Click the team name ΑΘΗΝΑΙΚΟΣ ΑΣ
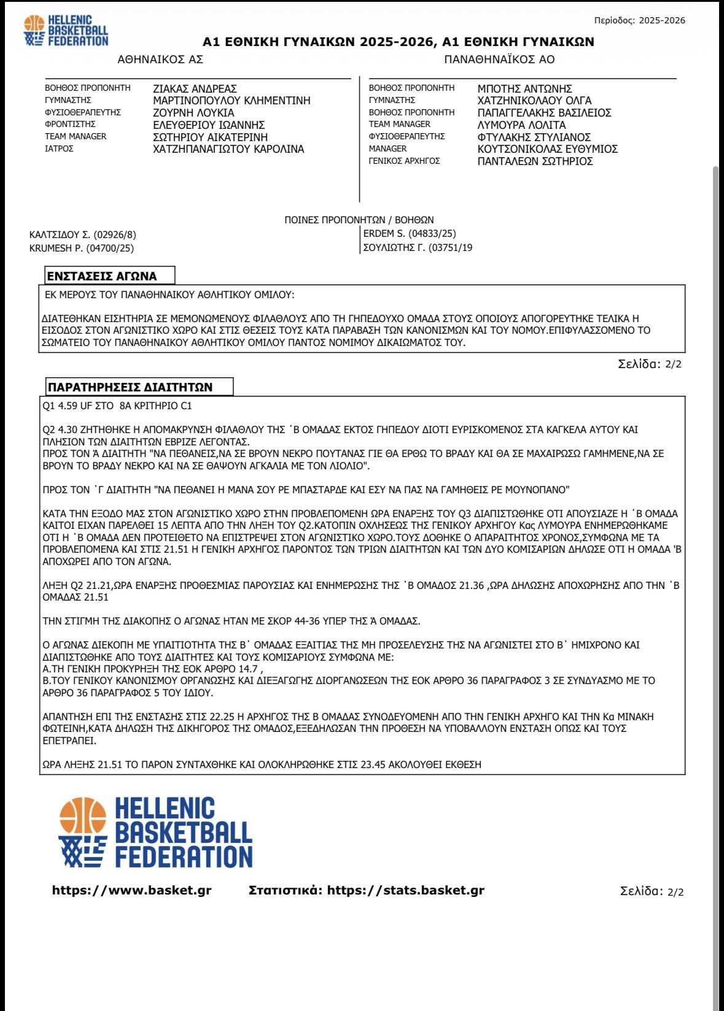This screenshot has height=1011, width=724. [x=160, y=60]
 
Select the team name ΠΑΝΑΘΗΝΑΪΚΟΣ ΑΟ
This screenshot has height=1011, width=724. [x=499, y=60]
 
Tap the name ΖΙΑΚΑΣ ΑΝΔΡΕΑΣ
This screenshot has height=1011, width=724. [x=195, y=89]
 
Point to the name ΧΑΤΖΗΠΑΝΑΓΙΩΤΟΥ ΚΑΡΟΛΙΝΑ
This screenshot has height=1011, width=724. [x=228, y=149]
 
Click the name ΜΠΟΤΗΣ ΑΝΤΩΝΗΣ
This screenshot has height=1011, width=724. [x=524, y=89]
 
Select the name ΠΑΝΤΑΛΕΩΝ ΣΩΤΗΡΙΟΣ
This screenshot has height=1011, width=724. [x=535, y=161]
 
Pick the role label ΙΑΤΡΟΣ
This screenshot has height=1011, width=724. [x=59, y=148]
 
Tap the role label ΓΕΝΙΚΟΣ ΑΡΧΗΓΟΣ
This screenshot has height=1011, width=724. [x=404, y=161]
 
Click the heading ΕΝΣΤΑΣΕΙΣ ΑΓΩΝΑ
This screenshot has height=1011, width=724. [x=102, y=276]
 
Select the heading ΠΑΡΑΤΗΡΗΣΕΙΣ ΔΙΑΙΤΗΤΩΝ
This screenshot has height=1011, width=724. [x=130, y=387]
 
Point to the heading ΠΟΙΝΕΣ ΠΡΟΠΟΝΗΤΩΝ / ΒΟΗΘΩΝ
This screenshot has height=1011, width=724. [x=359, y=220]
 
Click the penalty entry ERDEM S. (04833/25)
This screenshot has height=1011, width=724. [x=410, y=234]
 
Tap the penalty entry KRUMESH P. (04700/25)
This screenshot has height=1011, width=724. [x=82, y=248]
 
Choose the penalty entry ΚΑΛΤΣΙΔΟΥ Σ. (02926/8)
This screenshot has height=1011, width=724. [x=83, y=235]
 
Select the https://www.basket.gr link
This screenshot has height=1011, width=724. [x=131, y=890]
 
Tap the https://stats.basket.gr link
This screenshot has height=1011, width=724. [x=405, y=890]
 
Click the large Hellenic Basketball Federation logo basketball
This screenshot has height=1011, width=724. [x=82, y=818]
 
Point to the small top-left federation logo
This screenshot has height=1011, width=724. [x=66, y=31]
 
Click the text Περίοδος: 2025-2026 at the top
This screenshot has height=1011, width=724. [x=639, y=20]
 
